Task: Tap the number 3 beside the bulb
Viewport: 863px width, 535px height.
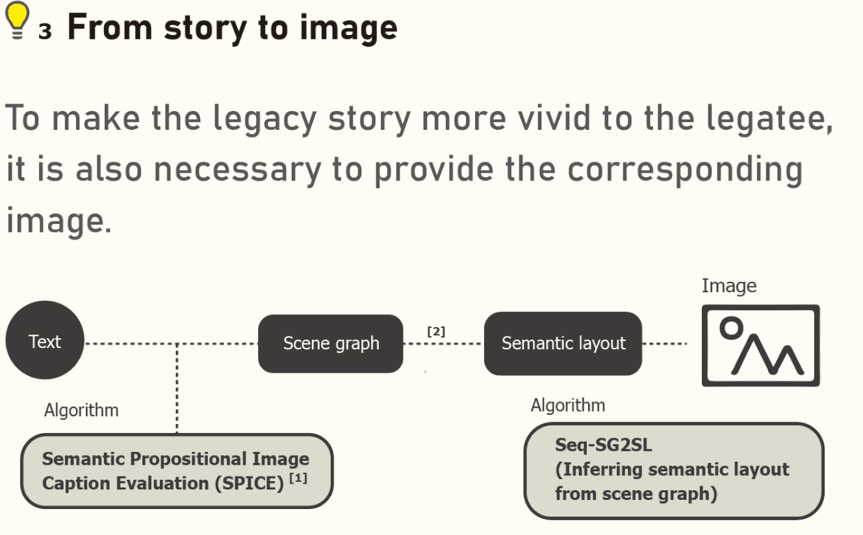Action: (x=44, y=32)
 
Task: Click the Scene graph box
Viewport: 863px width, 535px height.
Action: (x=331, y=343)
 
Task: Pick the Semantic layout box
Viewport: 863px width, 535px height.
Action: (x=563, y=343)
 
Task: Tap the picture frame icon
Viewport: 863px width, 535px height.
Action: (x=760, y=345)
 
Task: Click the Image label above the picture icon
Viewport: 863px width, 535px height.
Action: (x=728, y=286)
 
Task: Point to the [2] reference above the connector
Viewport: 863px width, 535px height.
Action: (x=436, y=331)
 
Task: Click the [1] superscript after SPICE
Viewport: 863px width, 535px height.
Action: (x=299, y=479)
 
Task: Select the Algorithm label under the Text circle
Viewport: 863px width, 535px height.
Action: (x=81, y=410)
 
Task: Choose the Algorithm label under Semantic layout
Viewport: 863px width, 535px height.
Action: (x=567, y=405)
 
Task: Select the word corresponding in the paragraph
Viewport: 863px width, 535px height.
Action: (x=685, y=169)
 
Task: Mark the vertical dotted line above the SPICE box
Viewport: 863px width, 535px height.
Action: (x=177, y=390)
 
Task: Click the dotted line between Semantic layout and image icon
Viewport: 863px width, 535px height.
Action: (x=665, y=343)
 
